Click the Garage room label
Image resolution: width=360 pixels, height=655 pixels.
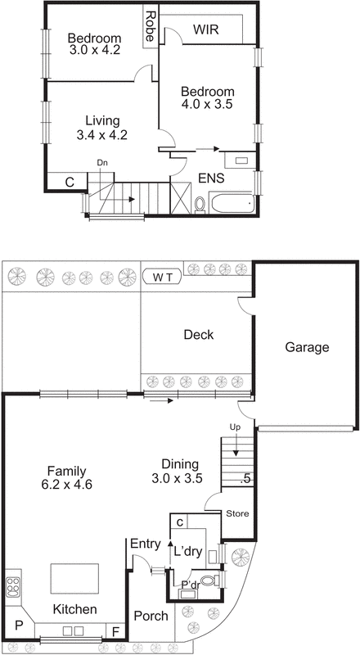307,347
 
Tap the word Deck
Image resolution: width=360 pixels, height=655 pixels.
198,334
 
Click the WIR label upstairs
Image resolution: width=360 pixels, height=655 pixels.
205,30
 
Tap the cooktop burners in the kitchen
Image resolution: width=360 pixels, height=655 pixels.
13,587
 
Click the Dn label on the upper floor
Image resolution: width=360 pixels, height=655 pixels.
102,163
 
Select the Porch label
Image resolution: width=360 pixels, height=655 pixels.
151,616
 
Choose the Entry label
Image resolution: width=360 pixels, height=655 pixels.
146,543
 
